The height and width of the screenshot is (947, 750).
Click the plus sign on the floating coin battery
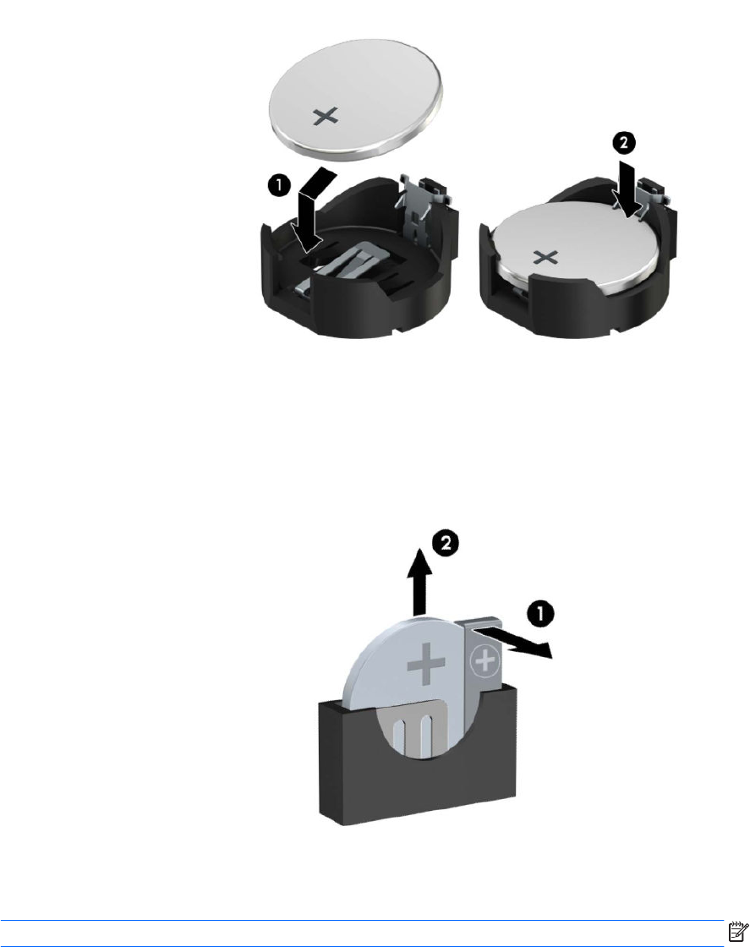[x=326, y=117]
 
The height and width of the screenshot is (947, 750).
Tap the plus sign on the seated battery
[x=546, y=258]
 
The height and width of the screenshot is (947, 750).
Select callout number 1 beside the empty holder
[x=279, y=185]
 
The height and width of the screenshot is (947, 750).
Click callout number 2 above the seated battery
[x=624, y=143]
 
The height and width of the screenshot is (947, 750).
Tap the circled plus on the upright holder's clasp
[x=484, y=662]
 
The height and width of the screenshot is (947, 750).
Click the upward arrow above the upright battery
[x=421, y=583]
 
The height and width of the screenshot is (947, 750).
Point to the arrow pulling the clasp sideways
[x=513, y=642]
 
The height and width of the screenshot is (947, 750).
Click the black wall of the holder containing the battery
[x=573, y=305]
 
